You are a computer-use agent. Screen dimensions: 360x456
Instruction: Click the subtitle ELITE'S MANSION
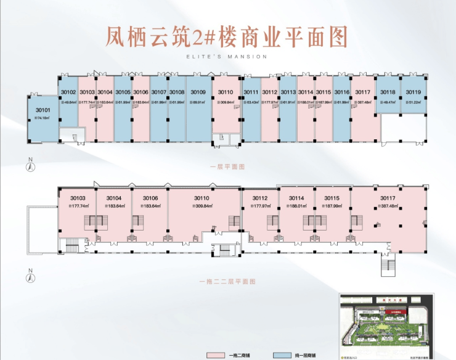227,56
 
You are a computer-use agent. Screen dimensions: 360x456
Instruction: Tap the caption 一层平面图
228,166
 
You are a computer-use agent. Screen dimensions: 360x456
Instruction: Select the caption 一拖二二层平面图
228,281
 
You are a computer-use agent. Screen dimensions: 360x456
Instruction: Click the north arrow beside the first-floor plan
30,164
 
